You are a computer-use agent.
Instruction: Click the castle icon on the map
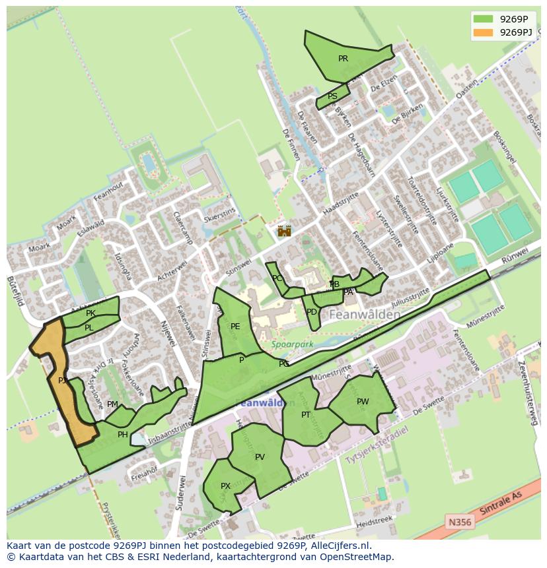284,230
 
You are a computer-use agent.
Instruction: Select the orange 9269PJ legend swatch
483,32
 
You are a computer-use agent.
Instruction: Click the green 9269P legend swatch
483,18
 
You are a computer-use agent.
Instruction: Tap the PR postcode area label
343,59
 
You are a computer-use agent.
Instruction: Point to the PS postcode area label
332,96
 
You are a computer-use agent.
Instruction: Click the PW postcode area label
363,402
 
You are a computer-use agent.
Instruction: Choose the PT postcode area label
306,415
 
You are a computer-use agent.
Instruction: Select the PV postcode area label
260,457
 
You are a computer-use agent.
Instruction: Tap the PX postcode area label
225,486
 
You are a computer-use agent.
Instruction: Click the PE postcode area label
235,327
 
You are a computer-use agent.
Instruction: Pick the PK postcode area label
91,313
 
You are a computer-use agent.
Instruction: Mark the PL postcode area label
89,328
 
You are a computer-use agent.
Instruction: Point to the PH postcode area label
122,435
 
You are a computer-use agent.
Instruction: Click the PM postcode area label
112,404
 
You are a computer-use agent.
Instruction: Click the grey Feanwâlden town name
363,315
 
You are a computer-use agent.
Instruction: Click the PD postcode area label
312,312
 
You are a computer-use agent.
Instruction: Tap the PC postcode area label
277,278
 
